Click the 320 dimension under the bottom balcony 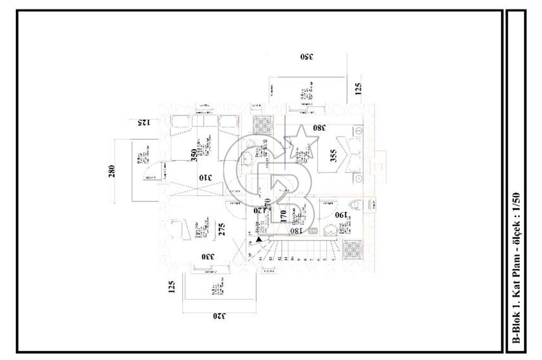tap(218, 316)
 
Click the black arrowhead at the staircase tap(259, 238)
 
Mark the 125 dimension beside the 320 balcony tap(171, 286)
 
